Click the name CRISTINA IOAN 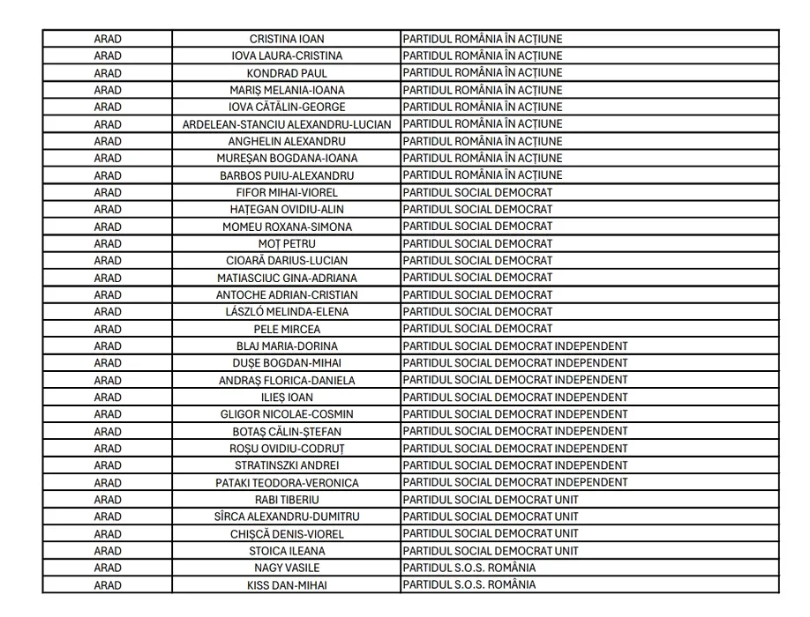[287, 39]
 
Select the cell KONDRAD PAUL [287, 73]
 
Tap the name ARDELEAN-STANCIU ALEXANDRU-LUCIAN [287, 124]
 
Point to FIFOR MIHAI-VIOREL [287, 192]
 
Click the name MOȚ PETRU [287, 243]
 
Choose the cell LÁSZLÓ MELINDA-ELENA [287, 311]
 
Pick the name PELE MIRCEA [287, 329]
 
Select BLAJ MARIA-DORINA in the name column [287, 346]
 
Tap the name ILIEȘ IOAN [287, 397]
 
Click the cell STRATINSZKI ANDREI [287, 465]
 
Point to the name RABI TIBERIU [287, 500]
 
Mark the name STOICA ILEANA [287, 551]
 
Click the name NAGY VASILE [287, 568]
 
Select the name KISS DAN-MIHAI [287, 584]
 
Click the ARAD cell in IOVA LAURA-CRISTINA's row [108, 56]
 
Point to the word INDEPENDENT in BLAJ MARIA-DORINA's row [591, 346]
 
